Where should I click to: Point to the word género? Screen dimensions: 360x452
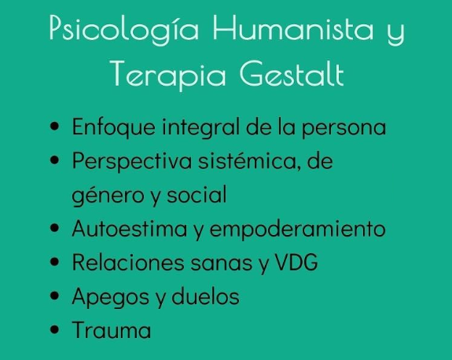click(x=100, y=196)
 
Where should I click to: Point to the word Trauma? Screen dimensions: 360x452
click(x=112, y=330)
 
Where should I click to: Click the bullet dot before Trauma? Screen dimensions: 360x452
click(x=54, y=331)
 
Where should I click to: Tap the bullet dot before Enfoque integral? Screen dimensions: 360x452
click(x=54, y=127)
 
